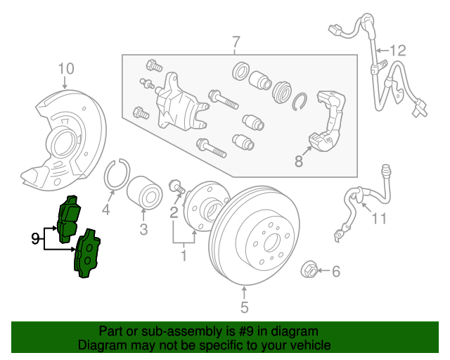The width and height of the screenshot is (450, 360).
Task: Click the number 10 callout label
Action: point(65,68)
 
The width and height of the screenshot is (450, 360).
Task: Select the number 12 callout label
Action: point(397,50)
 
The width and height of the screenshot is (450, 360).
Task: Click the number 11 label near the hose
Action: point(380,219)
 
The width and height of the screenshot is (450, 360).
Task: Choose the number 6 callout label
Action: point(335,271)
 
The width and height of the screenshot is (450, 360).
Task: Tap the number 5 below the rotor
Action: point(244,307)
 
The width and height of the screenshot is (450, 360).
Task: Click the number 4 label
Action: point(106,210)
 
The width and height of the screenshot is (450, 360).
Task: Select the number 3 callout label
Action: point(143,229)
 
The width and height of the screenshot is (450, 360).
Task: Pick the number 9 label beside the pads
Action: point(36,239)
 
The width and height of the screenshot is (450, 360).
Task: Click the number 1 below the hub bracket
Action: point(184,255)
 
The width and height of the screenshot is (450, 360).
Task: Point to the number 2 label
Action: point(173,213)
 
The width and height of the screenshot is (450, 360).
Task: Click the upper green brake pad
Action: point(70,217)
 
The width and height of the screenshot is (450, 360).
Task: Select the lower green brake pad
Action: point(87,254)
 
